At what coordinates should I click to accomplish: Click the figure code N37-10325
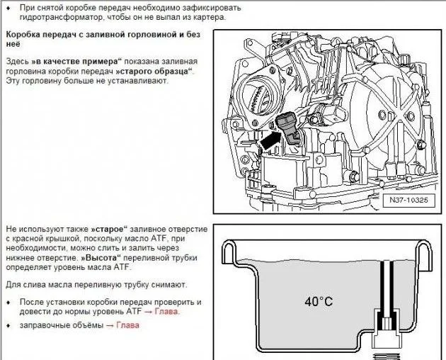tap(408, 200)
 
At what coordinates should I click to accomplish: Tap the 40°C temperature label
tap(319, 301)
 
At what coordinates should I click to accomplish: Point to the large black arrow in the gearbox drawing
tap(270, 140)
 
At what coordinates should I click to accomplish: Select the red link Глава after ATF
tap(166, 312)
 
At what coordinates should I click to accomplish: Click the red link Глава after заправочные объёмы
tap(127, 325)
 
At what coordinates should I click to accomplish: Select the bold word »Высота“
tap(101, 258)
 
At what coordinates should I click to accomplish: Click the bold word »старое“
tap(110, 230)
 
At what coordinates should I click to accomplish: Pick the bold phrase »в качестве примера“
tap(76, 62)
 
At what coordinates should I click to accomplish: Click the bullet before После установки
tap(9, 302)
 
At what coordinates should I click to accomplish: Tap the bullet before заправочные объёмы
tap(9, 325)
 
